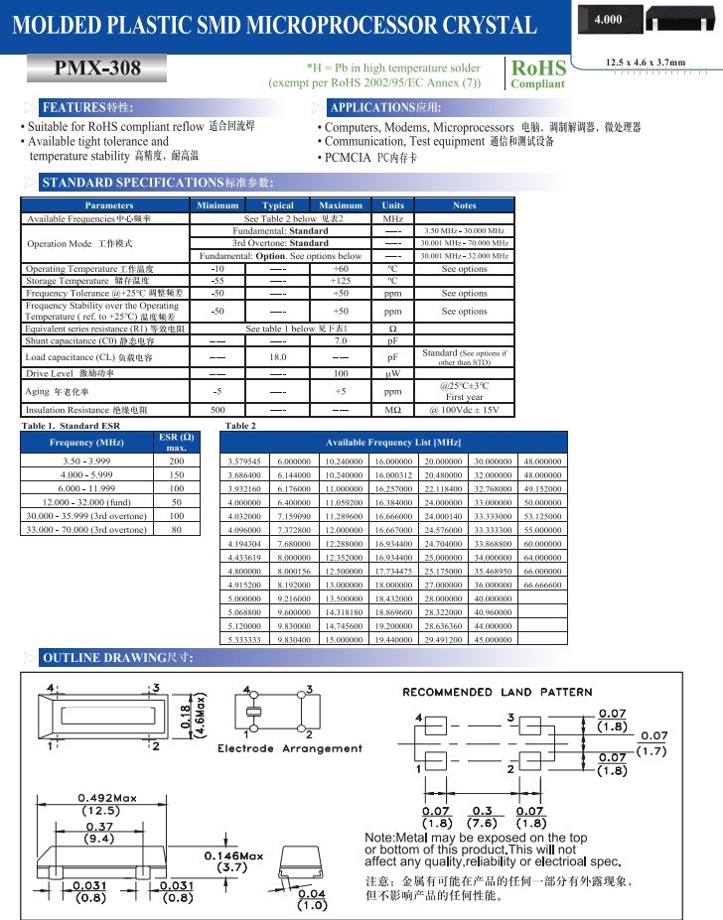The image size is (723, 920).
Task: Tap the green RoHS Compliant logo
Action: tap(537, 73)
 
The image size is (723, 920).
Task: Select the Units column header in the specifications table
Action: tap(391, 205)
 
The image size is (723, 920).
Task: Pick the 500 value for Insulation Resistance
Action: tap(217, 409)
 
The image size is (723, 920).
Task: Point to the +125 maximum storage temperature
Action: tap(341, 281)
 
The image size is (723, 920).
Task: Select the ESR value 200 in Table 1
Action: tap(176, 461)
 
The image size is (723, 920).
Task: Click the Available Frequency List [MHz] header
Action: tap(393, 441)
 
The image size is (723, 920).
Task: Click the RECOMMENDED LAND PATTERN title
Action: tap(497, 692)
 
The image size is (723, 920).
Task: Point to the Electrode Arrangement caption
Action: tap(290, 748)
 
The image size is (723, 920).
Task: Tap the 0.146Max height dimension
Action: tap(233, 855)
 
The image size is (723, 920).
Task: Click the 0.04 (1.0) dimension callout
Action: tap(313, 898)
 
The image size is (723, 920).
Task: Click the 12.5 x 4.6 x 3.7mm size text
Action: tap(646, 64)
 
